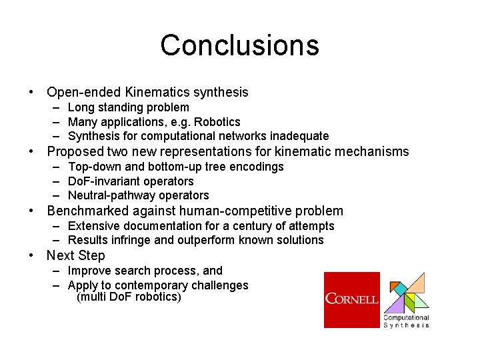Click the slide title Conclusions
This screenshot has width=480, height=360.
tap(239, 45)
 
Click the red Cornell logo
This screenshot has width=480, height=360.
tap(351, 299)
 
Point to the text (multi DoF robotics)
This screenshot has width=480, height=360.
tap(129, 297)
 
